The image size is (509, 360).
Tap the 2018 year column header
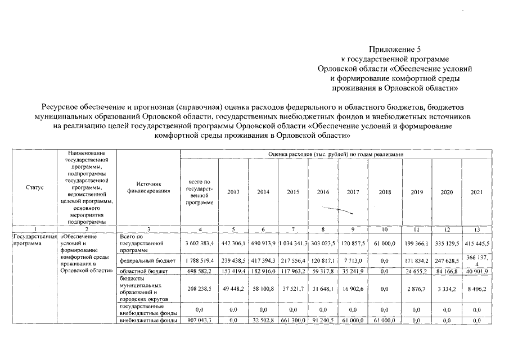pyautogui.click(x=385, y=192)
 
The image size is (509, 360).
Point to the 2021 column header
pyautogui.click(x=476, y=192)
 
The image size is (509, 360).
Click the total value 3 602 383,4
pyautogui.click(x=200, y=243)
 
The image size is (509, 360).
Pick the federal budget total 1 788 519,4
pyautogui.click(x=200, y=262)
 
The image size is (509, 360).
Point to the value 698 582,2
pyautogui.click(x=200, y=271)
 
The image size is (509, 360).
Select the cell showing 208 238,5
pyautogui.click(x=200, y=290)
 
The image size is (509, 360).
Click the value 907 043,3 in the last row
pyautogui.click(x=200, y=321)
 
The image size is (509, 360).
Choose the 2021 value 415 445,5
pyautogui.click(x=476, y=243)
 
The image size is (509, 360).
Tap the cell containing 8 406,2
pyautogui.click(x=476, y=290)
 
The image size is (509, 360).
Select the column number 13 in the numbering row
pyautogui.click(x=476, y=229)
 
